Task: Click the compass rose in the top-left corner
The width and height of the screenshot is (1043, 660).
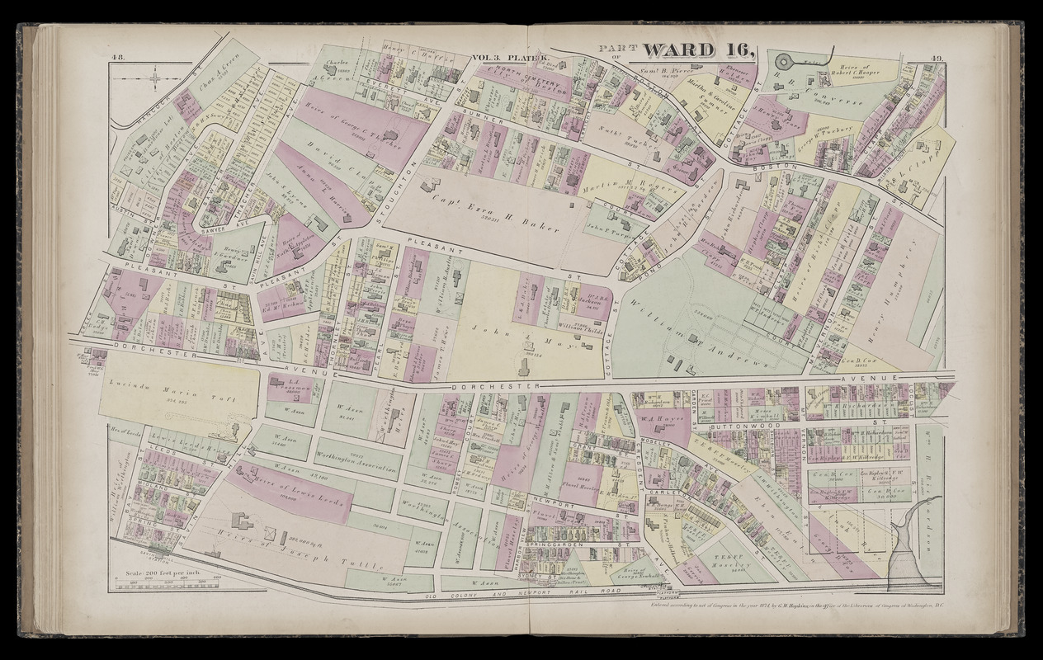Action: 155,79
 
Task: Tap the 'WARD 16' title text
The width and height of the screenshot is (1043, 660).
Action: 698,51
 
